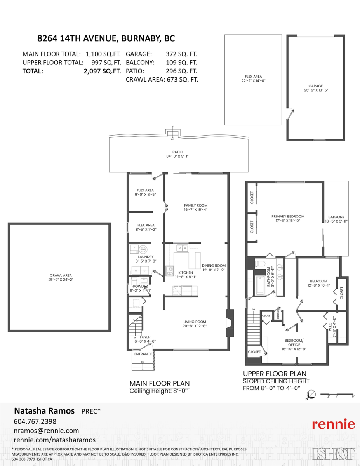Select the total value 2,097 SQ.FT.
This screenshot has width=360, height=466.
click(x=103, y=71)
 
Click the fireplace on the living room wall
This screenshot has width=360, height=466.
click(x=230, y=322)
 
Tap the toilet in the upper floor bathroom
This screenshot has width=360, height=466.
click(x=260, y=264)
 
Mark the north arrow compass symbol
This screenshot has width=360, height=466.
click(x=311, y=395)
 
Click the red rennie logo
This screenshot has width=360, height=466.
click(x=333, y=424)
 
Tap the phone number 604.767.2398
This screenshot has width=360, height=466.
click(x=35, y=421)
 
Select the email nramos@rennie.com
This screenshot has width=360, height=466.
click(x=46, y=431)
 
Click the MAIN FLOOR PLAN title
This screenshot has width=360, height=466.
click(x=159, y=383)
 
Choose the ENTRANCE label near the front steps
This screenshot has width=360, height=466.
click(x=143, y=354)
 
